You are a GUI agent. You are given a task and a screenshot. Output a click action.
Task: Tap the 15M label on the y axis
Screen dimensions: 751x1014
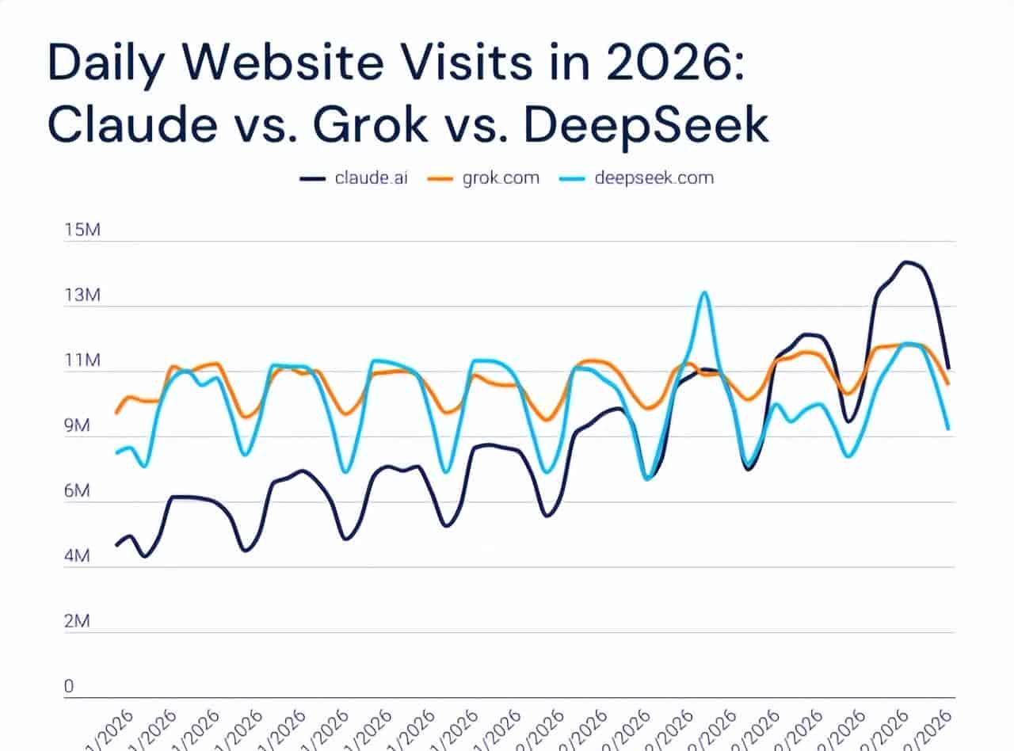(x=82, y=231)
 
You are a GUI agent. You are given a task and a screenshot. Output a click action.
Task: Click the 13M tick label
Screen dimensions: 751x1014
(x=82, y=295)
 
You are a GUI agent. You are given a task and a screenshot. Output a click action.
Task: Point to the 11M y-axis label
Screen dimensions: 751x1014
(x=82, y=361)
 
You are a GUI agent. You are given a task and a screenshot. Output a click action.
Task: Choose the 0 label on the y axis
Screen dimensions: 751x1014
(x=69, y=687)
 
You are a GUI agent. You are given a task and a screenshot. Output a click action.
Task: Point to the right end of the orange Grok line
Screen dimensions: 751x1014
(x=948, y=384)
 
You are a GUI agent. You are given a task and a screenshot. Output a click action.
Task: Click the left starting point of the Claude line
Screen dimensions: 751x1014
(x=116, y=545)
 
